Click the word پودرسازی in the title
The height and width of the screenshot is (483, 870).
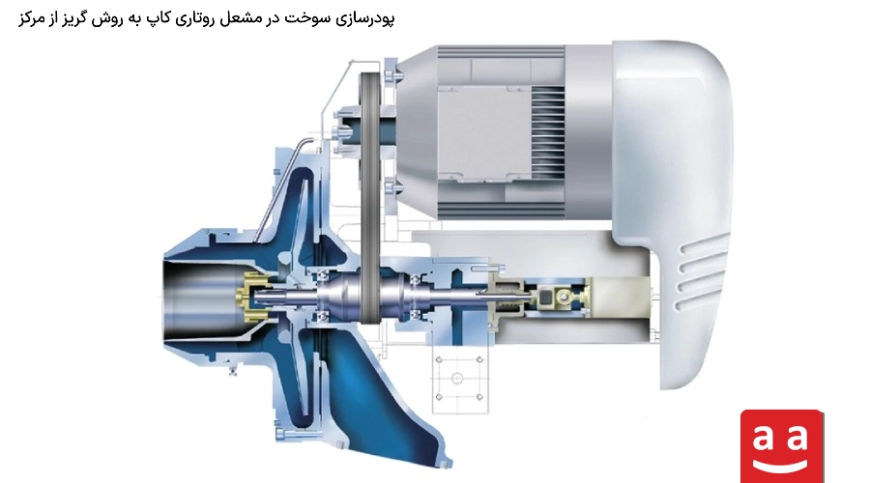(x=362, y=18)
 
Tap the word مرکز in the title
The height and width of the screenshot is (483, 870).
(x=31, y=18)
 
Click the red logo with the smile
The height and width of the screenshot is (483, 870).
(x=782, y=446)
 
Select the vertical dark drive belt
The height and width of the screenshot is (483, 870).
(x=369, y=197)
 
